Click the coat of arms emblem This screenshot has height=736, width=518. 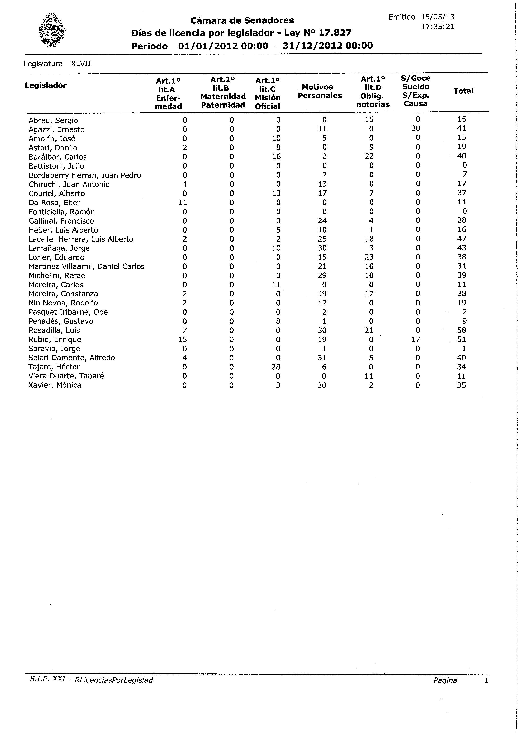coord(52,31)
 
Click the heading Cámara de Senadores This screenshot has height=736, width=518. coord(242,20)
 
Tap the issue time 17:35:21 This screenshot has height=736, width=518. coord(438,27)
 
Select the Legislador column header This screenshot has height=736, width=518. coord(46,85)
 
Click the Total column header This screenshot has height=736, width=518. coord(463,91)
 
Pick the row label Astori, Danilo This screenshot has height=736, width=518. coord(53,148)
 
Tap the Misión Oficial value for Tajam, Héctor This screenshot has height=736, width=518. coord(276,367)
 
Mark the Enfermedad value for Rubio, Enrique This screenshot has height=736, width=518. coord(183,340)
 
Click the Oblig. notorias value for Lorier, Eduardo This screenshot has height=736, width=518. coord(369,257)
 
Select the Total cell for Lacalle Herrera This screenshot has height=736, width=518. coord(462,239)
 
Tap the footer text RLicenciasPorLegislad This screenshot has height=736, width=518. coord(114,680)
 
